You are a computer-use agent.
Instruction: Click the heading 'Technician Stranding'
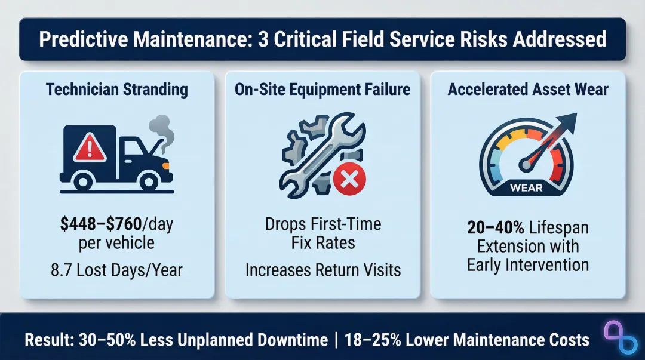click(117, 90)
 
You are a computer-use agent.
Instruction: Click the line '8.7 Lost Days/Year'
click(117, 270)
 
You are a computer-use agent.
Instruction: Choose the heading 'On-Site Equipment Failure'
click(322, 90)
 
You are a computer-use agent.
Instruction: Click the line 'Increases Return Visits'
click(322, 270)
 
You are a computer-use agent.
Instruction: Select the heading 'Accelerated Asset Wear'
click(528, 90)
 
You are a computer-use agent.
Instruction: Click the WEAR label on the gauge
click(526, 188)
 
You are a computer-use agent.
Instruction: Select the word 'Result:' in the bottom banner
click(48, 340)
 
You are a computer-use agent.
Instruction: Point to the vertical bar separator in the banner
click(337, 340)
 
